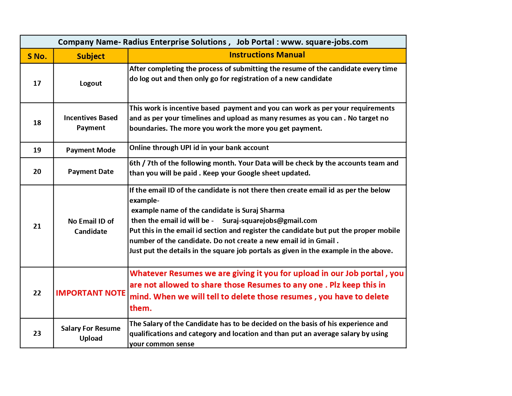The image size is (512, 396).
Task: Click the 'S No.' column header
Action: pos(37,56)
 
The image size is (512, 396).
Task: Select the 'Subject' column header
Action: pos(91,56)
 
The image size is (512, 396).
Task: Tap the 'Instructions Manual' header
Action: pos(267,55)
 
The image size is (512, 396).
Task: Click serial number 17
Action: pos(37,83)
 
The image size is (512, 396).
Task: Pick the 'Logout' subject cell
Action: pos(91,83)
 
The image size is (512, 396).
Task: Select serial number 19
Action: pos(37,150)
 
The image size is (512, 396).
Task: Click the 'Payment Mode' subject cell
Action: pos(91,150)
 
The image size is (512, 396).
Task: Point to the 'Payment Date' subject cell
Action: pos(91,171)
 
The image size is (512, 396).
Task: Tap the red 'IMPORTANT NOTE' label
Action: pos(91,293)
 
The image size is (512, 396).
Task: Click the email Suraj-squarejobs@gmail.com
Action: pos(270,221)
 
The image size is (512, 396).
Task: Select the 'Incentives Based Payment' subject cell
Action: pos(91,123)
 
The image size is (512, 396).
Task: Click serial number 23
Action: pos(37,333)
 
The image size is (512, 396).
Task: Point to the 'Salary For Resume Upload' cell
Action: pos(91,333)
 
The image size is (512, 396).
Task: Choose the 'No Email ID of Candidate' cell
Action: pos(91,226)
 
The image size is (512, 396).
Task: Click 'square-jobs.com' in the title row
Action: pos(337,42)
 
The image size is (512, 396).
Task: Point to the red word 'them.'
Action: pos(141,308)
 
